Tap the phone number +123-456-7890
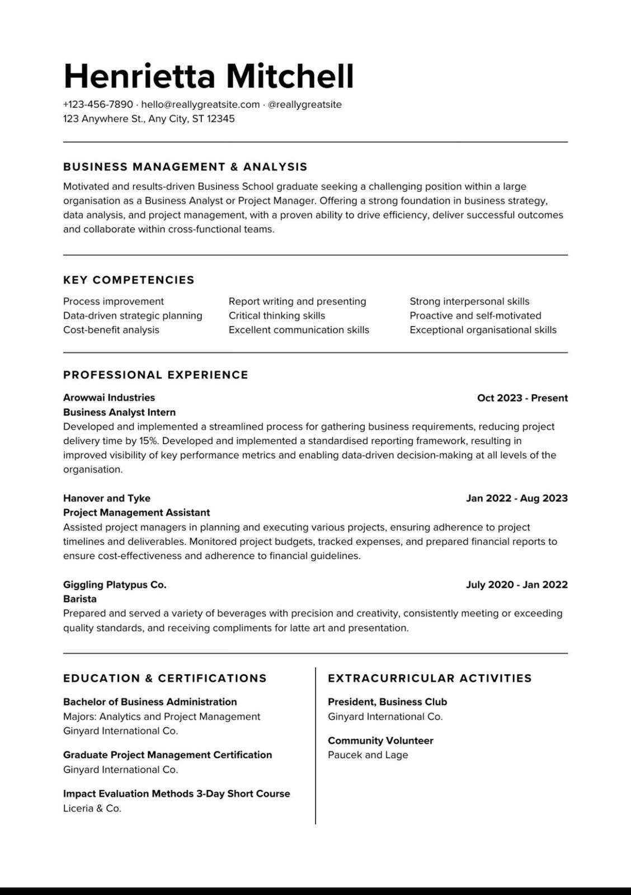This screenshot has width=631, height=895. (x=98, y=105)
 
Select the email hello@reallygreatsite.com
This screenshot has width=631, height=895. (x=200, y=105)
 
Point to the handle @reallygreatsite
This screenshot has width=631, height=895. (x=304, y=105)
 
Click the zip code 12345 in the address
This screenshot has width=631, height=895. (x=221, y=119)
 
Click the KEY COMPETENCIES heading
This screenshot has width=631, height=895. (x=129, y=280)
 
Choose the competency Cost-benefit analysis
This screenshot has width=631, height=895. (x=111, y=330)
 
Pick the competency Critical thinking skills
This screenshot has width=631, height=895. (x=277, y=315)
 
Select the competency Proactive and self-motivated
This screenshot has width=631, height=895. (x=475, y=315)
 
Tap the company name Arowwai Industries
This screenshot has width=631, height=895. (x=109, y=398)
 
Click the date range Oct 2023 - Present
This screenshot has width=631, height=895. (x=522, y=398)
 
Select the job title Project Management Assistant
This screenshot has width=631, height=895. (x=136, y=512)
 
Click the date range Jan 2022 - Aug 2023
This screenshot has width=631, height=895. (x=516, y=498)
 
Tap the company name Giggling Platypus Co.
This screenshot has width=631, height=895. (x=115, y=585)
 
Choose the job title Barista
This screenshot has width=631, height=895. (x=80, y=599)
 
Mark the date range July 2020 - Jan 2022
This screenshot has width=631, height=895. (x=516, y=585)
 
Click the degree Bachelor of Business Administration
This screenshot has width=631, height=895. (x=150, y=702)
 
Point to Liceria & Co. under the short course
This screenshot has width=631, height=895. (x=92, y=808)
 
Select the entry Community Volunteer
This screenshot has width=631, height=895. (x=380, y=741)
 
